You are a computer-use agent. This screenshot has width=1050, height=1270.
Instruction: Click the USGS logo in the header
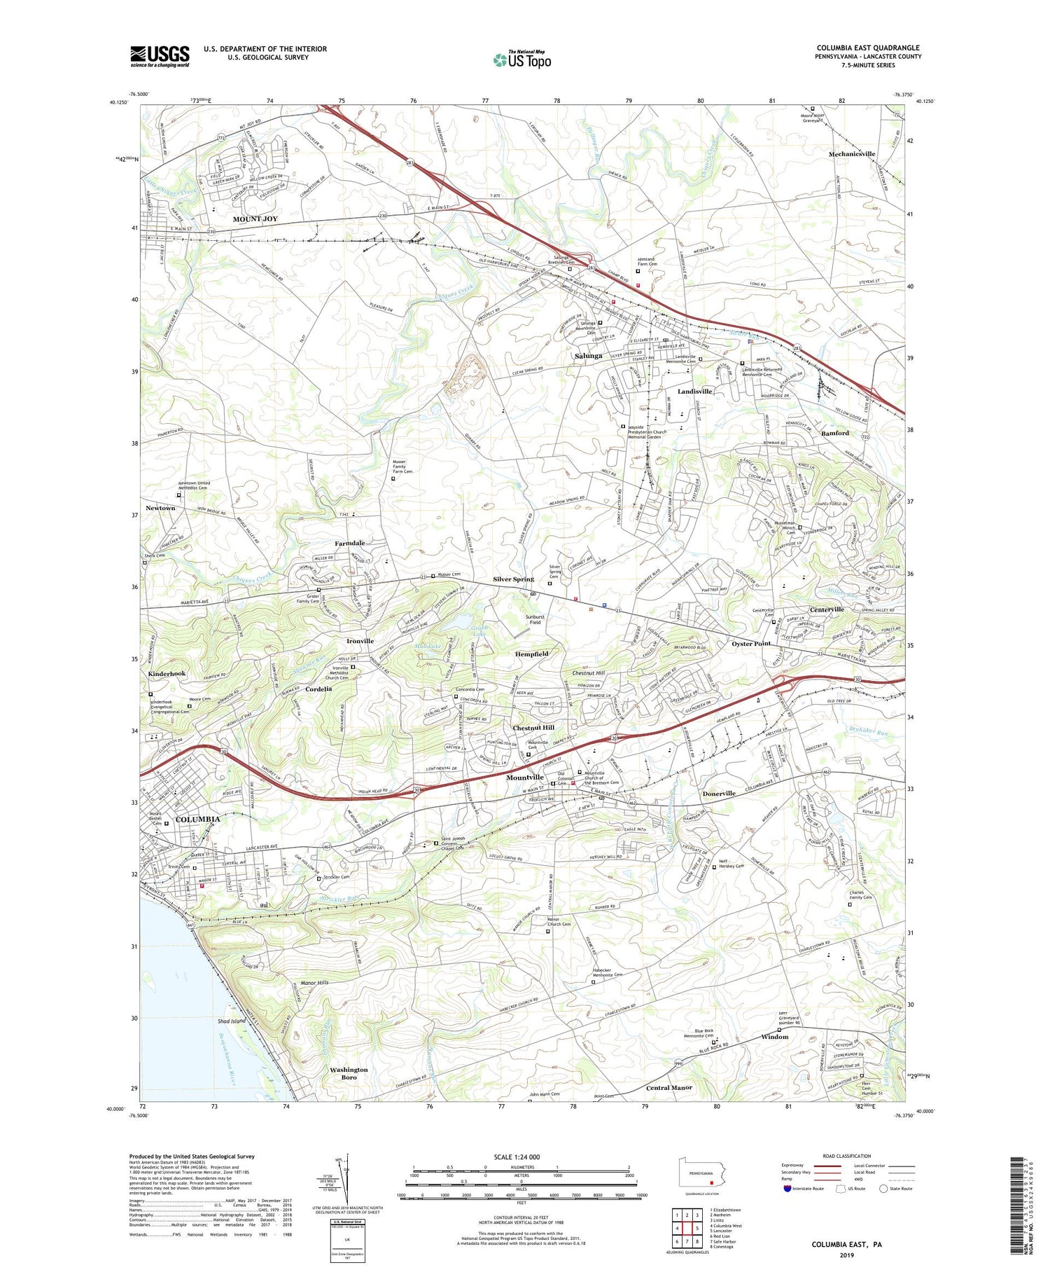pos(160,57)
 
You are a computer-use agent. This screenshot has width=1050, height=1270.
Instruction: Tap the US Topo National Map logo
pos(521,60)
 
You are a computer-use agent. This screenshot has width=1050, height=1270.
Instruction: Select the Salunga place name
pos(588,356)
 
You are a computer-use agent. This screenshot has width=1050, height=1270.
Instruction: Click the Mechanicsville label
pos(852,154)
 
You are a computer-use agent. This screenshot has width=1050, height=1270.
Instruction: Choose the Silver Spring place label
pos(513,579)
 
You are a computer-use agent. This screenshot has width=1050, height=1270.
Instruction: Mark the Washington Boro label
pos(349,1073)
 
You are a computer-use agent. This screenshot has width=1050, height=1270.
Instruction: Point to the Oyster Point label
pos(751,643)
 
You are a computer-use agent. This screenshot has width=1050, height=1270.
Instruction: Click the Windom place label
pos(775,1037)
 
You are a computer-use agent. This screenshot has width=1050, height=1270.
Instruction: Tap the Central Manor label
pos(668,1088)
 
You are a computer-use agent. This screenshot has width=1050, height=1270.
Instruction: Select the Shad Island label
pos(231,1021)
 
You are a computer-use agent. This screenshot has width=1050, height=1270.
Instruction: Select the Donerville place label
pos(718,794)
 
